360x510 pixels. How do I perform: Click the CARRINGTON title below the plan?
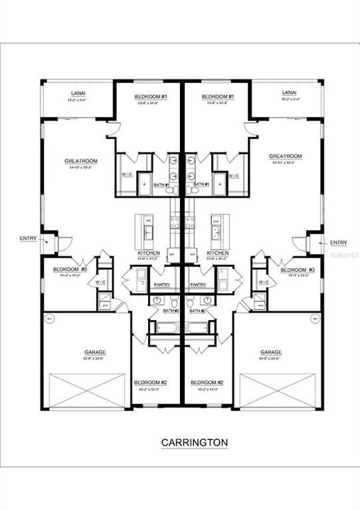tap(194, 443)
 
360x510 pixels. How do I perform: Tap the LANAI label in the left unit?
tap(78, 93)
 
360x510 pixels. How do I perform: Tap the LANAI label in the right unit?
tap(288, 93)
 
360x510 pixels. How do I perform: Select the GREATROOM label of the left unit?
tap(79, 161)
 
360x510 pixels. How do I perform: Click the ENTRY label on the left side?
tap(28, 239)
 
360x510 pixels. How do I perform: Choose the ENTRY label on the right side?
tap(339, 243)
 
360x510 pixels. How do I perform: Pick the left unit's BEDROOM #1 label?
tap(149, 96)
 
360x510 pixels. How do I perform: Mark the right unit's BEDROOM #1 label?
tap(217, 96)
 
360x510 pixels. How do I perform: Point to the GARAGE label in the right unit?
tap(271, 351)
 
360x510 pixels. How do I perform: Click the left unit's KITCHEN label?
tap(148, 253)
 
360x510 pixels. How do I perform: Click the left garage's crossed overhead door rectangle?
tap(86, 391)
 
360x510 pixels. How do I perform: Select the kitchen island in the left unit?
tap(148, 227)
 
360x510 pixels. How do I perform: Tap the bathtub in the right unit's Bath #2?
tap(201, 328)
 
